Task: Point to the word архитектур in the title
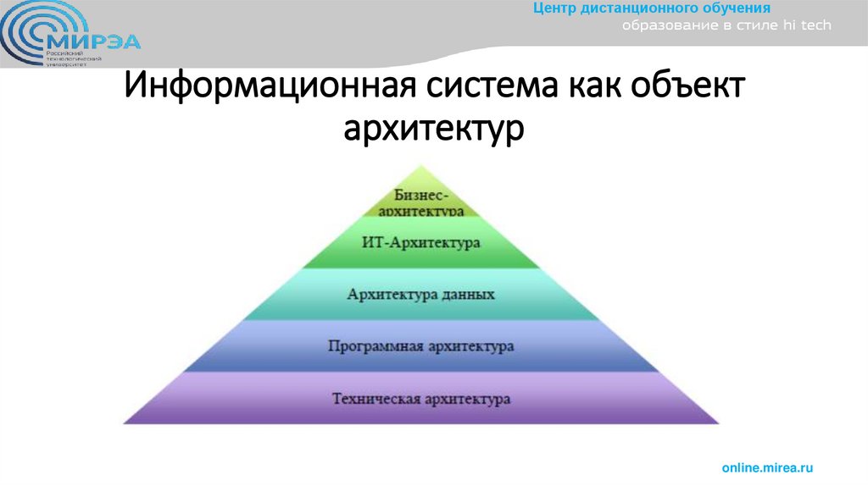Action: (x=434, y=129)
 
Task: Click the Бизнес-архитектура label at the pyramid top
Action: (x=421, y=202)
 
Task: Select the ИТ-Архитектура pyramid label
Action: (x=421, y=243)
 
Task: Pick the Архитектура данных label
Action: (x=421, y=295)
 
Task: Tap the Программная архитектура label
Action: (x=421, y=346)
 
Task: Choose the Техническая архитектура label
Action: (x=421, y=398)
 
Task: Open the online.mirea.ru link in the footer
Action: (x=767, y=467)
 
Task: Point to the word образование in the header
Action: (x=664, y=25)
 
